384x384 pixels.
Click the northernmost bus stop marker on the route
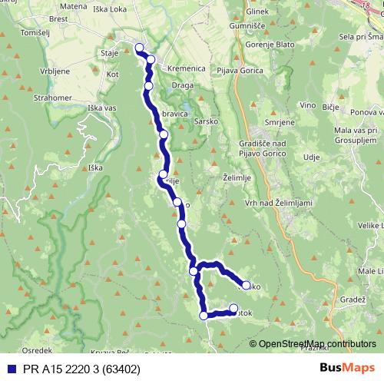click(x=139, y=48)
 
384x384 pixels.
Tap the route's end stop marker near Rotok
click(x=233, y=309)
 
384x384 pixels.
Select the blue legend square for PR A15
click(x=9, y=369)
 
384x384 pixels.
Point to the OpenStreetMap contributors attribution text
click(x=317, y=344)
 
